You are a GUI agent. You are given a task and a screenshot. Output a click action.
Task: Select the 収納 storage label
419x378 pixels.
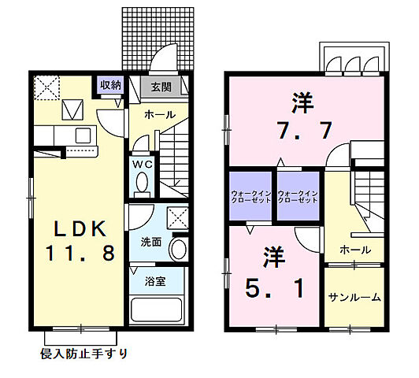click(111, 84)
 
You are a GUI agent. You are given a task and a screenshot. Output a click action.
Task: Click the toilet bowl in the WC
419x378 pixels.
click(143, 183)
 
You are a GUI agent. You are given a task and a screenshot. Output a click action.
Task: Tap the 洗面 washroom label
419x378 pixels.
click(152, 242)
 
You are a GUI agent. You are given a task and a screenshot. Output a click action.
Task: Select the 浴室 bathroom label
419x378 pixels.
click(154, 280)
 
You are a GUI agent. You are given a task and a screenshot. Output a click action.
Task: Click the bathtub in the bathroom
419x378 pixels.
click(158, 307)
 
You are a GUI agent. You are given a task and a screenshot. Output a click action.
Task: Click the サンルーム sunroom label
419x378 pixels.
click(354, 297)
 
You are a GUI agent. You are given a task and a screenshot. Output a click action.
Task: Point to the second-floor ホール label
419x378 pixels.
click(355, 249)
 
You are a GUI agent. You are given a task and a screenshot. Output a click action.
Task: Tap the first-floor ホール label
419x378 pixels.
click(160, 115)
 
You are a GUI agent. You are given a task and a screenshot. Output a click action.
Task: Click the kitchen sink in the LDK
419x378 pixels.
click(83, 135)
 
